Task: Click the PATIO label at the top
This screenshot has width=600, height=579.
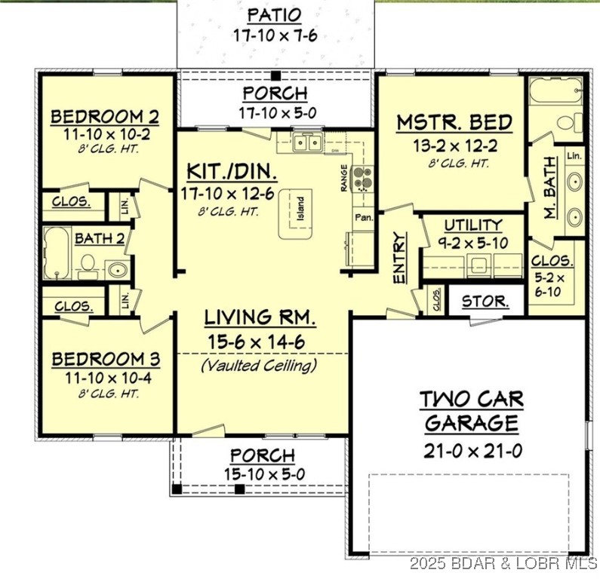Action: [275, 15]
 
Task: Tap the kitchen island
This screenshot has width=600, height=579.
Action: [297, 215]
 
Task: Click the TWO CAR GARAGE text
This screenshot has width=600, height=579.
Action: [471, 411]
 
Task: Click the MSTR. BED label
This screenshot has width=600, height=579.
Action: [454, 122]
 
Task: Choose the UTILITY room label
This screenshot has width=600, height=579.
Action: [472, 225]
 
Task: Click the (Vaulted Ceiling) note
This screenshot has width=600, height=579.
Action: [259, 366]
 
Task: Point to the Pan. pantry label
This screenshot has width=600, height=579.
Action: [362, 218]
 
